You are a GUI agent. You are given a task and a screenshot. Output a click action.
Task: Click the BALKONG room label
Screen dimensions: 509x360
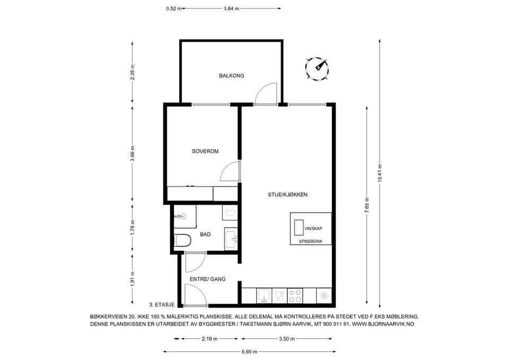pos(232,76)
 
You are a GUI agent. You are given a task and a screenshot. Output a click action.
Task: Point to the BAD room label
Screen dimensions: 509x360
pos(205,234)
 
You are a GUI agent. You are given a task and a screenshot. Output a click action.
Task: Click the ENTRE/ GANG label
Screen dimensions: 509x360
pos(207,279)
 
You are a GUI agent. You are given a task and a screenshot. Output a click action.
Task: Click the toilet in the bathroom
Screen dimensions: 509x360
pos(182,241)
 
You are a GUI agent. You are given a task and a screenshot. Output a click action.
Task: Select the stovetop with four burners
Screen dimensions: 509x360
pos(295,296)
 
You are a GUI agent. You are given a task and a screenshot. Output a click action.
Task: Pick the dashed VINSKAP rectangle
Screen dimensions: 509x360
pos(299,227)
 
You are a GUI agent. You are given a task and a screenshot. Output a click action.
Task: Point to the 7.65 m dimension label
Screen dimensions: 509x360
pos(367,205)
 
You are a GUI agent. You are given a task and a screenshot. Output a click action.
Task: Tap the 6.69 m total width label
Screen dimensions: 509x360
pos(249,352)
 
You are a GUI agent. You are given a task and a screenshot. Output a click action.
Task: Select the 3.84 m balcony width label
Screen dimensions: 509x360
pos(231,9)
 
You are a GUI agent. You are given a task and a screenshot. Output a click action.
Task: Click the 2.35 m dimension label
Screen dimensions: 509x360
pos(132,72)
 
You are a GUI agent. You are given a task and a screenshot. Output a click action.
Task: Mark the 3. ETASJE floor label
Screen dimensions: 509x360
pos(162,305)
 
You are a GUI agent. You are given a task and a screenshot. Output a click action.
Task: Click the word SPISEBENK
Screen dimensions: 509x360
pos(311,242)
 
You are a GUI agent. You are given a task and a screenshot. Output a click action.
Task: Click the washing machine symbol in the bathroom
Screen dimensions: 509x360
pos(230,213)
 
